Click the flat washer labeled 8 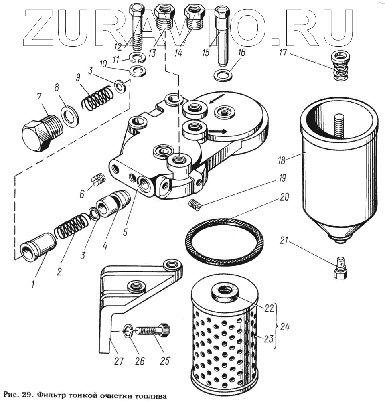pyautogui.click(x=70, y=116)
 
